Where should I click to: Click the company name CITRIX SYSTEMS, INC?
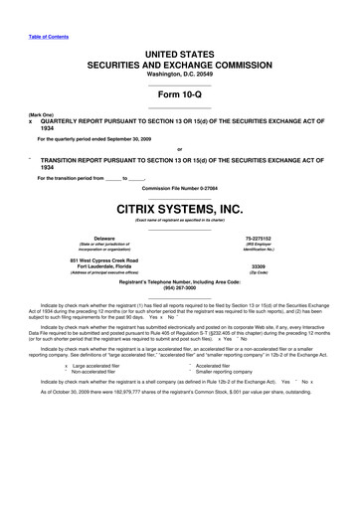pos(179,209)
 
